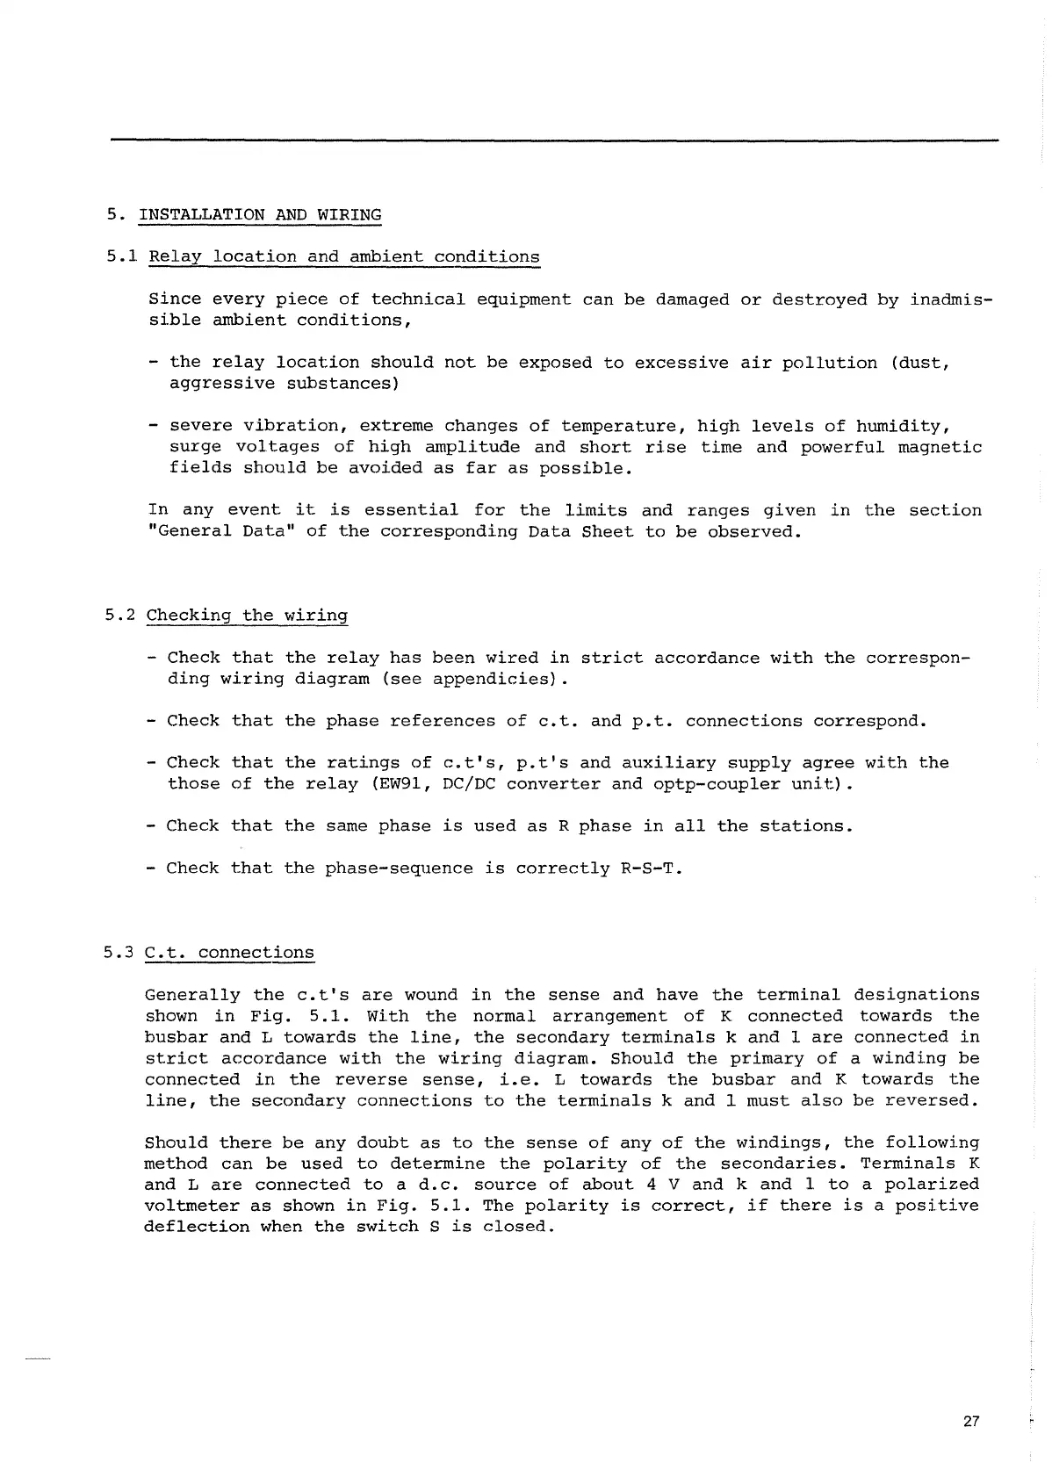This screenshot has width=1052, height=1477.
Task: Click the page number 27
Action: pyautogui.click(x=970, y=1421)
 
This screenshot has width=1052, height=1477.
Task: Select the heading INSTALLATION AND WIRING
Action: pyautogui.click(x=260, y=215)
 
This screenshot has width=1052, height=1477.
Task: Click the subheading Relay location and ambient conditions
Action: pyautogui.click(x=344, y=257)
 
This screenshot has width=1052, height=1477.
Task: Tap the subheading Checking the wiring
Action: pyautogui.click(x=247, y=616)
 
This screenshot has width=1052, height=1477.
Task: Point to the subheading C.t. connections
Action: pyautogui.click(x=229, y=953)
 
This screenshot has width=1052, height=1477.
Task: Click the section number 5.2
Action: pyautogui.click(x=119, y=616)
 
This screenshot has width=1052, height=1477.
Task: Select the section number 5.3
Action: pyautogui.click(x=119, y=953)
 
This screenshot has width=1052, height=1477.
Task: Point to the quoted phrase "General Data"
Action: pyautogui.click(x=220, y=531)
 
